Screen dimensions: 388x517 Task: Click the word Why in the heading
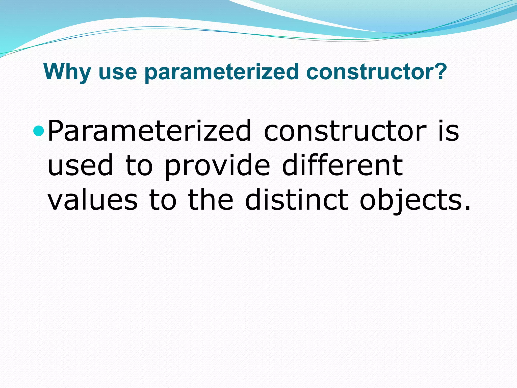coord(67,72)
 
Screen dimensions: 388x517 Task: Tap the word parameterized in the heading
coord(222,72)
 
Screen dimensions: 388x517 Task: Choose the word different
coord(342,165)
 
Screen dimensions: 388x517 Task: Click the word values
coord(93,200)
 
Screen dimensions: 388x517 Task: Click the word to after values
coord(163,200)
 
